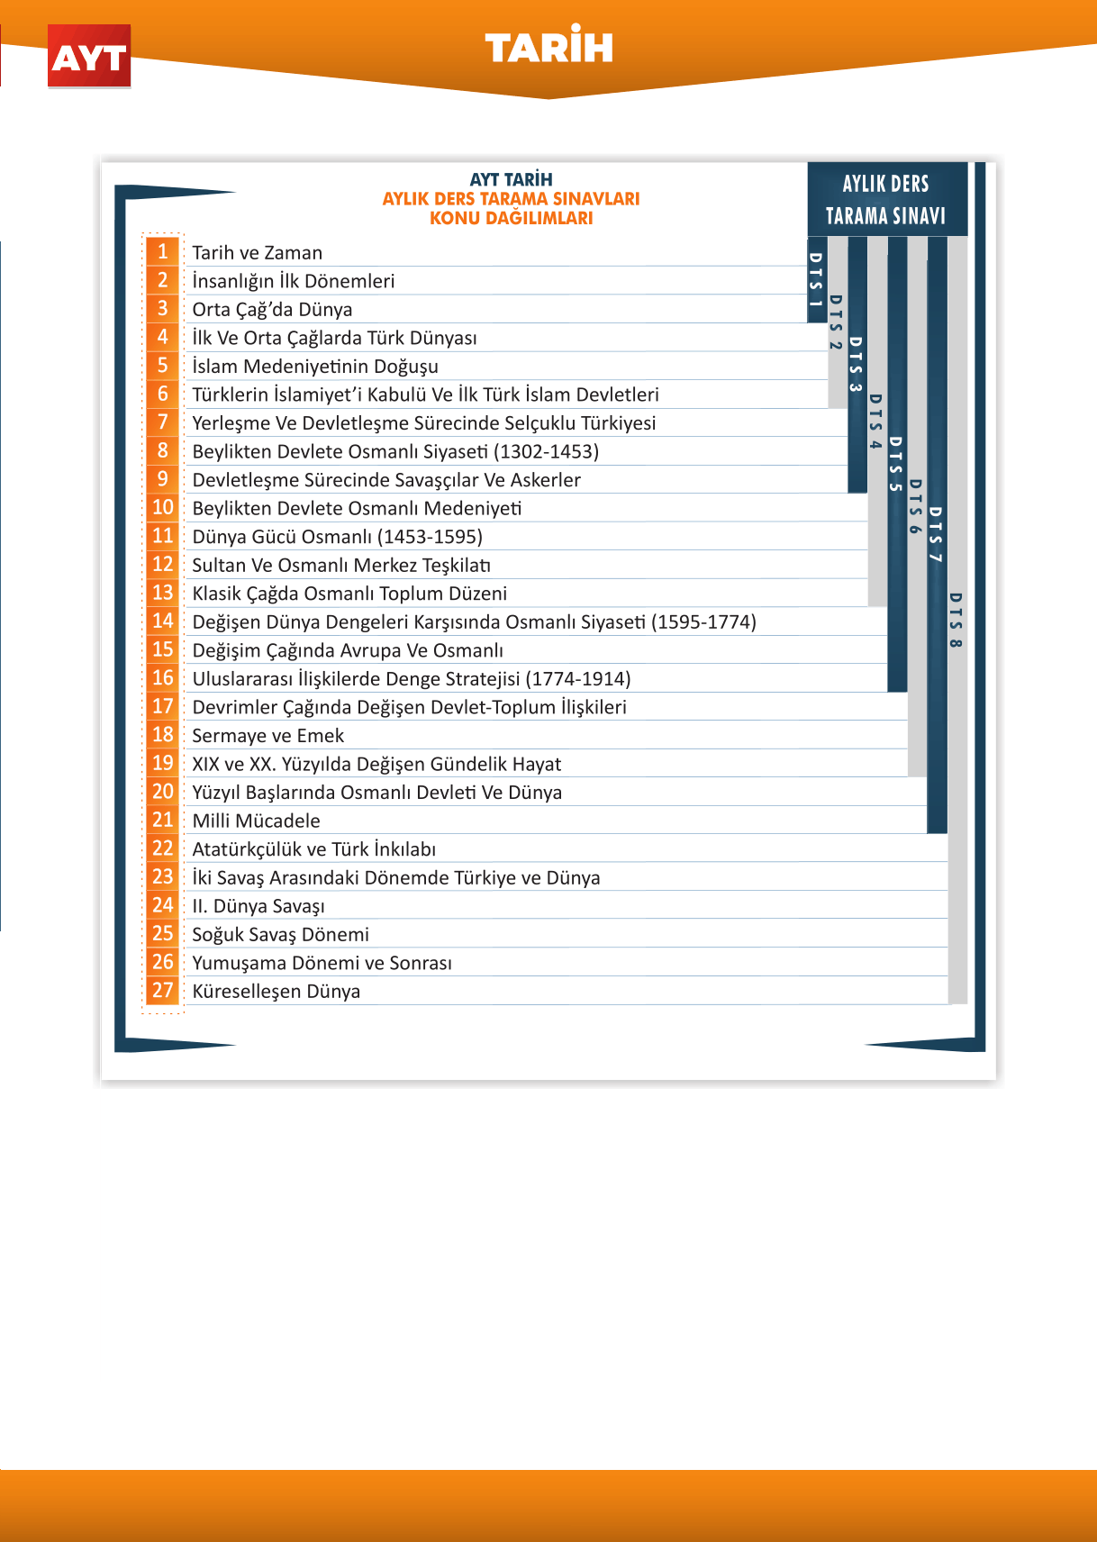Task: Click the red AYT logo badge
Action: [x=89, y=57]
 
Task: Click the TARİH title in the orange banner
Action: [x=548, y=48]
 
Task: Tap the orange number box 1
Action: [x=163, y=252]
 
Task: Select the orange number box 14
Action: [x=163, y=621]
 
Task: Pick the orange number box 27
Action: [x=163, y=991]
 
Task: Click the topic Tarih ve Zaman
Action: [x=257, y=253]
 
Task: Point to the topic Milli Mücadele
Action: [x=256, y=821]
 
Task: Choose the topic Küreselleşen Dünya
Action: [x=276, y=992]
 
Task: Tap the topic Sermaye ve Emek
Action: [x=267, y=736]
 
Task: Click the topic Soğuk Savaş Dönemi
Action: [x=280, y=935]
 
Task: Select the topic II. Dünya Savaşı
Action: [x=258, y=906]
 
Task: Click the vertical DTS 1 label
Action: [x=816, y=279]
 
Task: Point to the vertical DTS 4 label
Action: [x=875, y=422]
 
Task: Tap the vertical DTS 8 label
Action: [x=956, y=620]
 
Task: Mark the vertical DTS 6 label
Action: [x=916, y=506]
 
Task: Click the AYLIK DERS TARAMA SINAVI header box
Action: [x=886, y=199]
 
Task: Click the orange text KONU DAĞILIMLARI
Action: [x=511, y=218]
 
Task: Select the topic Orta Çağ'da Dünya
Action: [x=272, y=310]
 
